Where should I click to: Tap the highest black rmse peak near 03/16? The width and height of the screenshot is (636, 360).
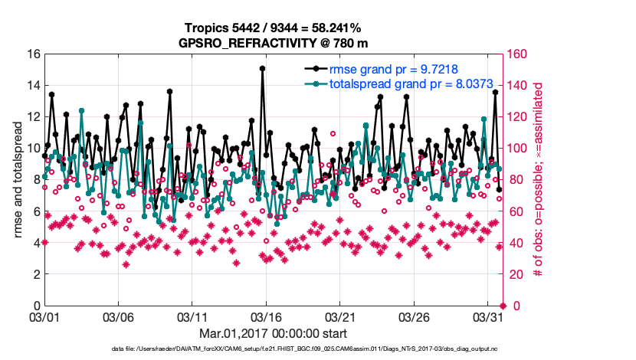[x=262, y=68]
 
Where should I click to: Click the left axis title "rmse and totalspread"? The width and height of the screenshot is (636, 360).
[x=18, y=180]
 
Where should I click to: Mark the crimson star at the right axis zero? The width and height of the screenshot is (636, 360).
[x=503, y=306]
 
